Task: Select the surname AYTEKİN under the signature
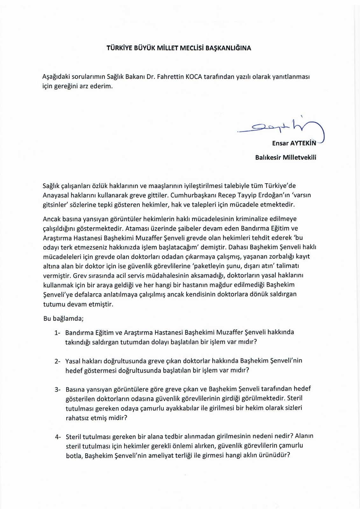pos(303,143)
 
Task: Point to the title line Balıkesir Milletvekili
pos(286,157)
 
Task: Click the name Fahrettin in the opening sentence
pos(169,77)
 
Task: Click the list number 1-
pos(57,333)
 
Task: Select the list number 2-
pos(57,361)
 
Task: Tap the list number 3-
pos(57,389)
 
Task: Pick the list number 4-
pos(58,436)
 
